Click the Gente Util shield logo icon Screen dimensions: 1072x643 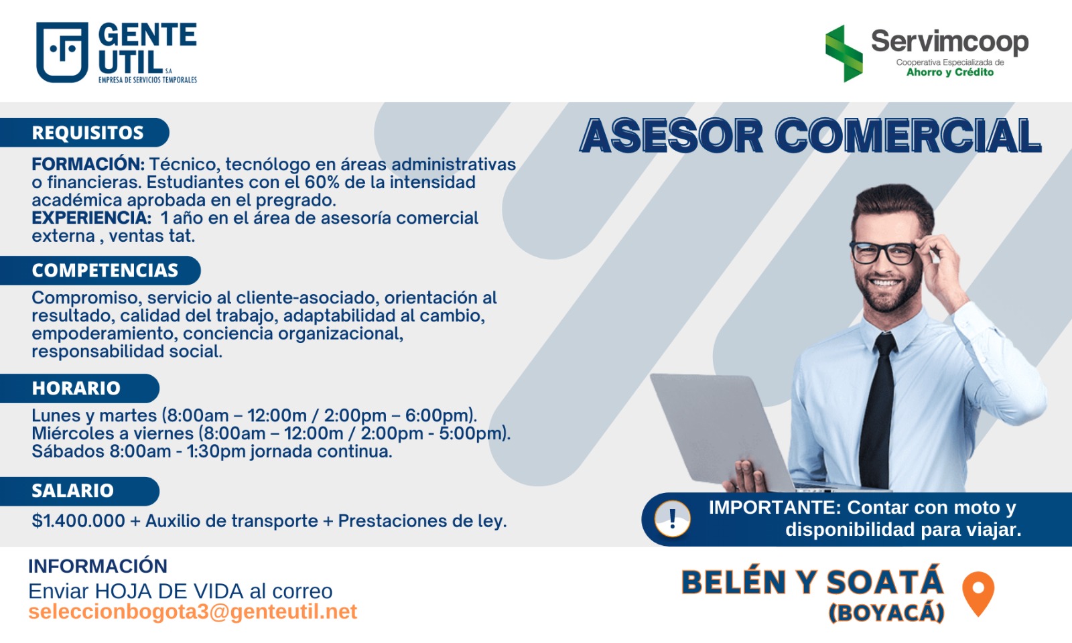pos(62,52)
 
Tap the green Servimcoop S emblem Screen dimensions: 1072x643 pos(844,53)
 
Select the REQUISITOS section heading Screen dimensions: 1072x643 pos(88,133)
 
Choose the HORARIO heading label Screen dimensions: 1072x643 pos(76,388)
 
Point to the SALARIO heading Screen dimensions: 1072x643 pos(73,491)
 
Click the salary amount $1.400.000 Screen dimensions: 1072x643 pos(78,520)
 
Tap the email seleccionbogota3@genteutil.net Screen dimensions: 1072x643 pos(192,612)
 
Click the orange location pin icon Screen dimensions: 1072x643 pos(978,593)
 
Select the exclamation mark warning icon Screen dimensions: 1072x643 pos(673,519)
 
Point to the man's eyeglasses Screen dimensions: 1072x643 pos(884,252)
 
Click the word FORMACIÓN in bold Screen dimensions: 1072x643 pos(88,164)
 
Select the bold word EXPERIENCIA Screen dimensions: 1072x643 pos(91,218)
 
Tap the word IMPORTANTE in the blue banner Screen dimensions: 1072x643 pos(775,508)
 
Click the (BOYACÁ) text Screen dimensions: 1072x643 pos(886,612)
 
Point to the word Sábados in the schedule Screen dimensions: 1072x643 pos(68,451)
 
